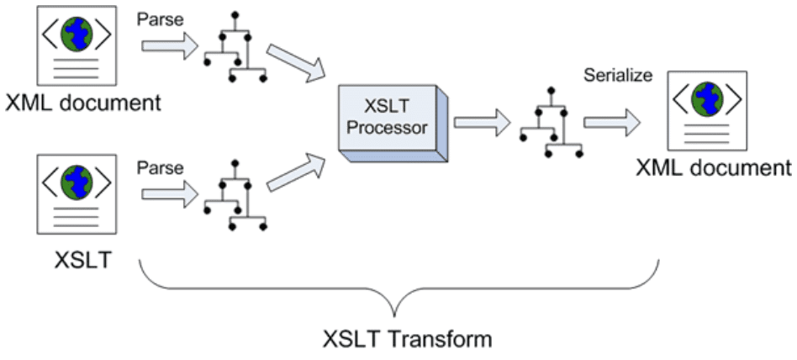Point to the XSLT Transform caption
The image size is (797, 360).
point(407,340)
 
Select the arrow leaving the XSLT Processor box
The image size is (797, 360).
point(482,123)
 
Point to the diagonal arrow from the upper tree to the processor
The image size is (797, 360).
point(298,65)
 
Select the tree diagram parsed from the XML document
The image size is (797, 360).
point(235,48)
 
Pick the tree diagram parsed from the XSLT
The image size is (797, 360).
point(235,198)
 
